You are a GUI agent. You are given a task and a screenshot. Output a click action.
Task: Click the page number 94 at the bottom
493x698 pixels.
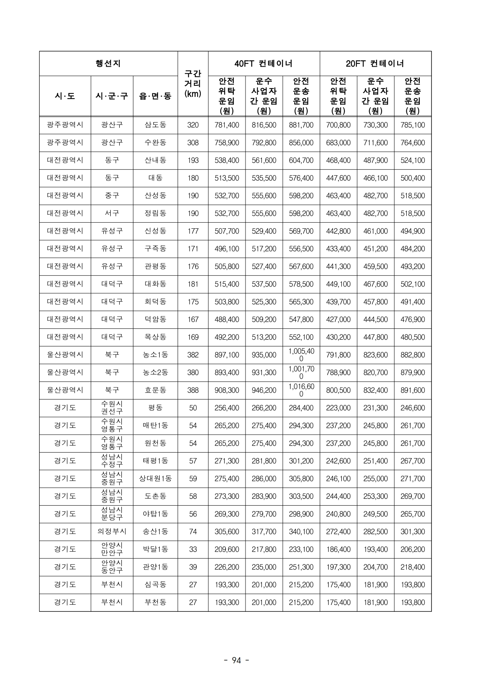[236, 660]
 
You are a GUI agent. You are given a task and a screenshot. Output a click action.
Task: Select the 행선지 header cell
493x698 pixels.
[108, 63]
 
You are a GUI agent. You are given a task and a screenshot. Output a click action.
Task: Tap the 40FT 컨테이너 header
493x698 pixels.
[263, 63]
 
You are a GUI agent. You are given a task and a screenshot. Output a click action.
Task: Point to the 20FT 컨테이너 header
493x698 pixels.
[375, 63]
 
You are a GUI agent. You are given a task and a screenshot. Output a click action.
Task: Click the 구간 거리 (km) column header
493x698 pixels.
[193, 84]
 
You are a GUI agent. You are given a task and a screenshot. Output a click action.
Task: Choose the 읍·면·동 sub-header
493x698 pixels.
[155, 96]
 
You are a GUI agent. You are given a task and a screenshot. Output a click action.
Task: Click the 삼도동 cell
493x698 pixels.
[155, 125]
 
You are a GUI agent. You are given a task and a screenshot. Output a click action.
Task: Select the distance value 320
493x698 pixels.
[193, 125]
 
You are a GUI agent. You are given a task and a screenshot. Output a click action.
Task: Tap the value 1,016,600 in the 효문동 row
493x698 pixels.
[301, 390]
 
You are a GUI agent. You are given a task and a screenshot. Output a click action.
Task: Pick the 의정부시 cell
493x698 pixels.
[112, 531]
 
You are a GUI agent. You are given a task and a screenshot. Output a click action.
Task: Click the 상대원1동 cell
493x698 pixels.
[155, 478]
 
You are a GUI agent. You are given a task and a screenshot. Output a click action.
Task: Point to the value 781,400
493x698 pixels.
[227, 125]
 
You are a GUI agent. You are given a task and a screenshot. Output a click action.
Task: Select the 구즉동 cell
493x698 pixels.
[155, 249]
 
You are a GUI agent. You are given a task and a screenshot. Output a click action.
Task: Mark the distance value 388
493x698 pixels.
[193, 390]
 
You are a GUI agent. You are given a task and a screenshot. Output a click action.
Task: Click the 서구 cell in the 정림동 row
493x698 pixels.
[112, 213]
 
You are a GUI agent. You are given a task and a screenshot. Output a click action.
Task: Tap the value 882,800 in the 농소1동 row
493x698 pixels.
[413, 355]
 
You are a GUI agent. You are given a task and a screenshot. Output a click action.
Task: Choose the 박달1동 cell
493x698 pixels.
[155, 549]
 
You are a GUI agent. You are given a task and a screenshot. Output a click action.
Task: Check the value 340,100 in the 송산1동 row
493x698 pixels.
[301, 531]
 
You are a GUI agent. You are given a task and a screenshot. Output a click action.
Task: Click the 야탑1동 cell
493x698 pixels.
[155, 514]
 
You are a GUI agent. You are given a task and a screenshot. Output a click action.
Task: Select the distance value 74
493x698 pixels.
[193, 531]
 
